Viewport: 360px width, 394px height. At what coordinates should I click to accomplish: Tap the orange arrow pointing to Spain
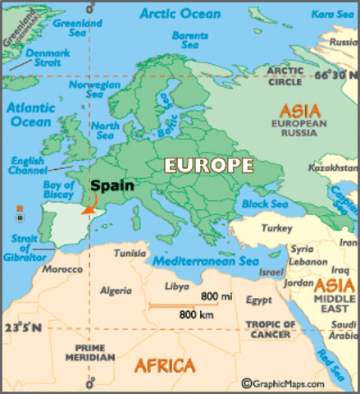click(91, 206)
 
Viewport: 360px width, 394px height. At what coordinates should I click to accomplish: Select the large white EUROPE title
click(208, 165)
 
